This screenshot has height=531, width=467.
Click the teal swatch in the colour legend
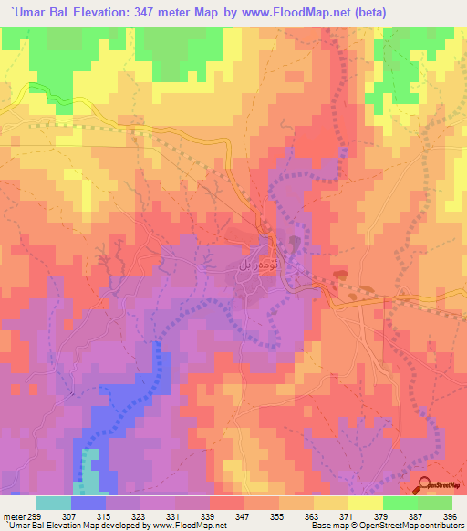[54, 503]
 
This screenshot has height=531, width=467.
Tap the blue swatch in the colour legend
[88, 503]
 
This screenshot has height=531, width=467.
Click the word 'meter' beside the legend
[14, 516]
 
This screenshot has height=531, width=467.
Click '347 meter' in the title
[167, 13]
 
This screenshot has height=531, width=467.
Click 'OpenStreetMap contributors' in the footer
[410, 526]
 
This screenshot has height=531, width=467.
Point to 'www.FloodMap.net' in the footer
[188, 526]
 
